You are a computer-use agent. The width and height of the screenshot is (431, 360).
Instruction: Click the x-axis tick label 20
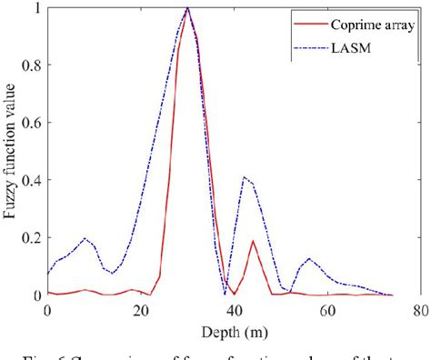tap(140, 309)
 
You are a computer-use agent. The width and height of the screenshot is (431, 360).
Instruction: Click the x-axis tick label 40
tap(233, 309)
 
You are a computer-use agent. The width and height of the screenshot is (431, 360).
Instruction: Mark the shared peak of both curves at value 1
tap(187, 8)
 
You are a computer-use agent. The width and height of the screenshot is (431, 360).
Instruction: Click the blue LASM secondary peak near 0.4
tap(244, 177)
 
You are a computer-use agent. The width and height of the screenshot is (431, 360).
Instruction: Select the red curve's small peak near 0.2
tap(252, 241)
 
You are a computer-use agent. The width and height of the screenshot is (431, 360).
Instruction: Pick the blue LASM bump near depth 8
tap(85, 239)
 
